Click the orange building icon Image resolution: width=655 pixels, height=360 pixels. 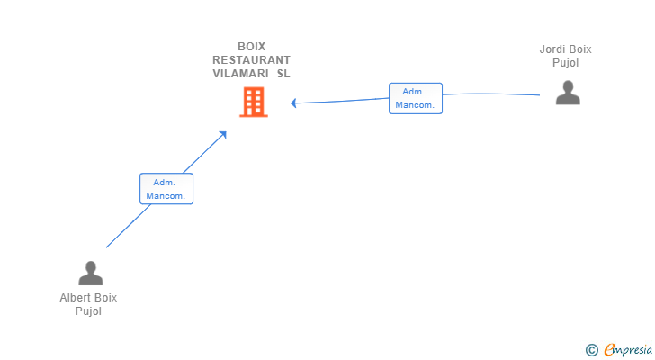(x=254, y=103)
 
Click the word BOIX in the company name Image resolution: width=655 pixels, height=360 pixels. (x=251, y=47)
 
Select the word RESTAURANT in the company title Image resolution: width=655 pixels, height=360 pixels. (x=251, y=60)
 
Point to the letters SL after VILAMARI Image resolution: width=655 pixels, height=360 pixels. (x=283, y=74)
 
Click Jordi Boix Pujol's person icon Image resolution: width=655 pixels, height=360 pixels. (x=568, y=93)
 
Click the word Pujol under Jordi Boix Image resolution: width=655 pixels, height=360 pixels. (x=565, y=63)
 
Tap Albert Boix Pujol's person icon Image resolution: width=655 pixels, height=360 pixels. (x=89, y=273)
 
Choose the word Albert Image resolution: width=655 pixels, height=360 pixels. (x=76, y=298)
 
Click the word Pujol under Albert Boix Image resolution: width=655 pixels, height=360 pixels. (x=88, y=311)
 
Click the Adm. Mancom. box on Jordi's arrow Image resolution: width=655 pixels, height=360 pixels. (x=416, y=98)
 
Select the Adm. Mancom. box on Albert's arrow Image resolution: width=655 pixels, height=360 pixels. (x=166, y=189)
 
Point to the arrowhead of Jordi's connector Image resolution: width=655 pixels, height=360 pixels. (x=294, y=103)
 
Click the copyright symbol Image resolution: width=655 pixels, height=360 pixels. (x=591, y=350)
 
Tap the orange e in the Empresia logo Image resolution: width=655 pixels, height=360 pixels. (x=609, y=349)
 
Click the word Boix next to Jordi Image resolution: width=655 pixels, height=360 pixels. (x=579, y=49)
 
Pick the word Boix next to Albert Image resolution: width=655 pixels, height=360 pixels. (x=105, y=298)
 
